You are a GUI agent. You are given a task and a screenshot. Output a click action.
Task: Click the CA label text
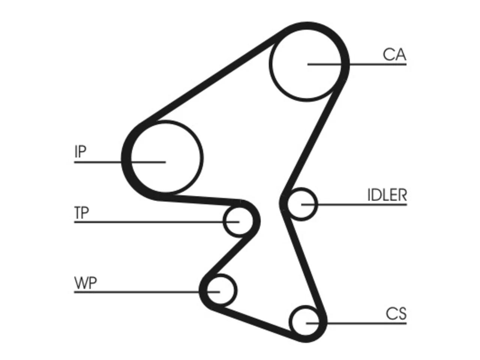pyautogui.click(x=394, y=55)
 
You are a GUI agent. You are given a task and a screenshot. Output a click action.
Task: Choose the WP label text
pyautogui.click(x=85, y=283)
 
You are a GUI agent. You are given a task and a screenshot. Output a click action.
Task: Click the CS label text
pyautogui.click(x=396, y=313)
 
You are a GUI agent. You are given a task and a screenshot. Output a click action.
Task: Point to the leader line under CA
pyautogui.click(x=357, y=64)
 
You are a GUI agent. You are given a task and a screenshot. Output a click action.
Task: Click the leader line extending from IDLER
pyautogui.click(x=354, y=205)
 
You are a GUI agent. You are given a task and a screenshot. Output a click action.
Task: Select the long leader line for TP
pyautogui.click(x=157, y=222)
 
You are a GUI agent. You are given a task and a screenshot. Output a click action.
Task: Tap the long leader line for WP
pyautogui.click(x=147, y=292)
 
